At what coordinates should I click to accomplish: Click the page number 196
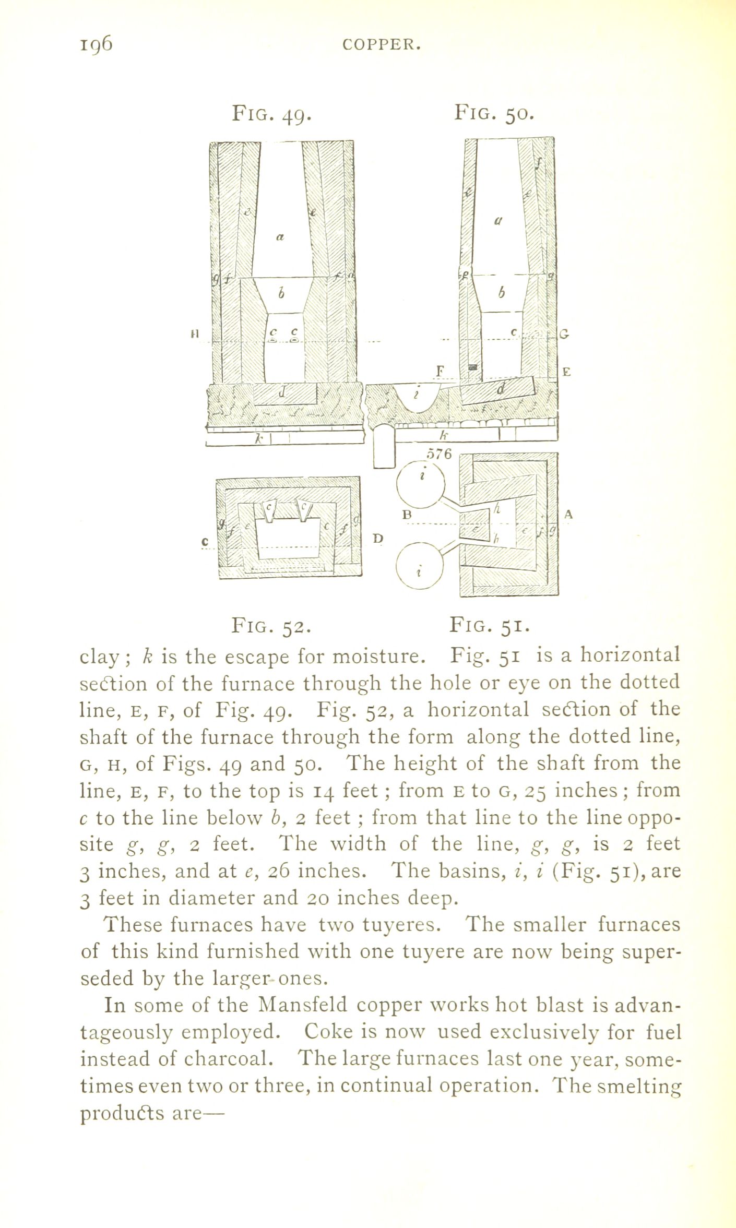pyautogui.click(x=96, y=45)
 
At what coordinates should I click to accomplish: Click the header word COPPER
pyautogui.click(x=382, y=46)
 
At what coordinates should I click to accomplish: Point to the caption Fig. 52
pyautogui.click(x=271, y=625)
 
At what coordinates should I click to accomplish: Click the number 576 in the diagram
pyautogui.click(x=438, y=454)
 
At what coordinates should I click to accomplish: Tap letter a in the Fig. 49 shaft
pyautogui.click(x=280, y=237)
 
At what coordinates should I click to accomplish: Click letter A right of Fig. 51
pyautogui.click(x=568, y=515)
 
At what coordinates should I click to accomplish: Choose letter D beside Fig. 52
pyautogui.click(x=378, y=538)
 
